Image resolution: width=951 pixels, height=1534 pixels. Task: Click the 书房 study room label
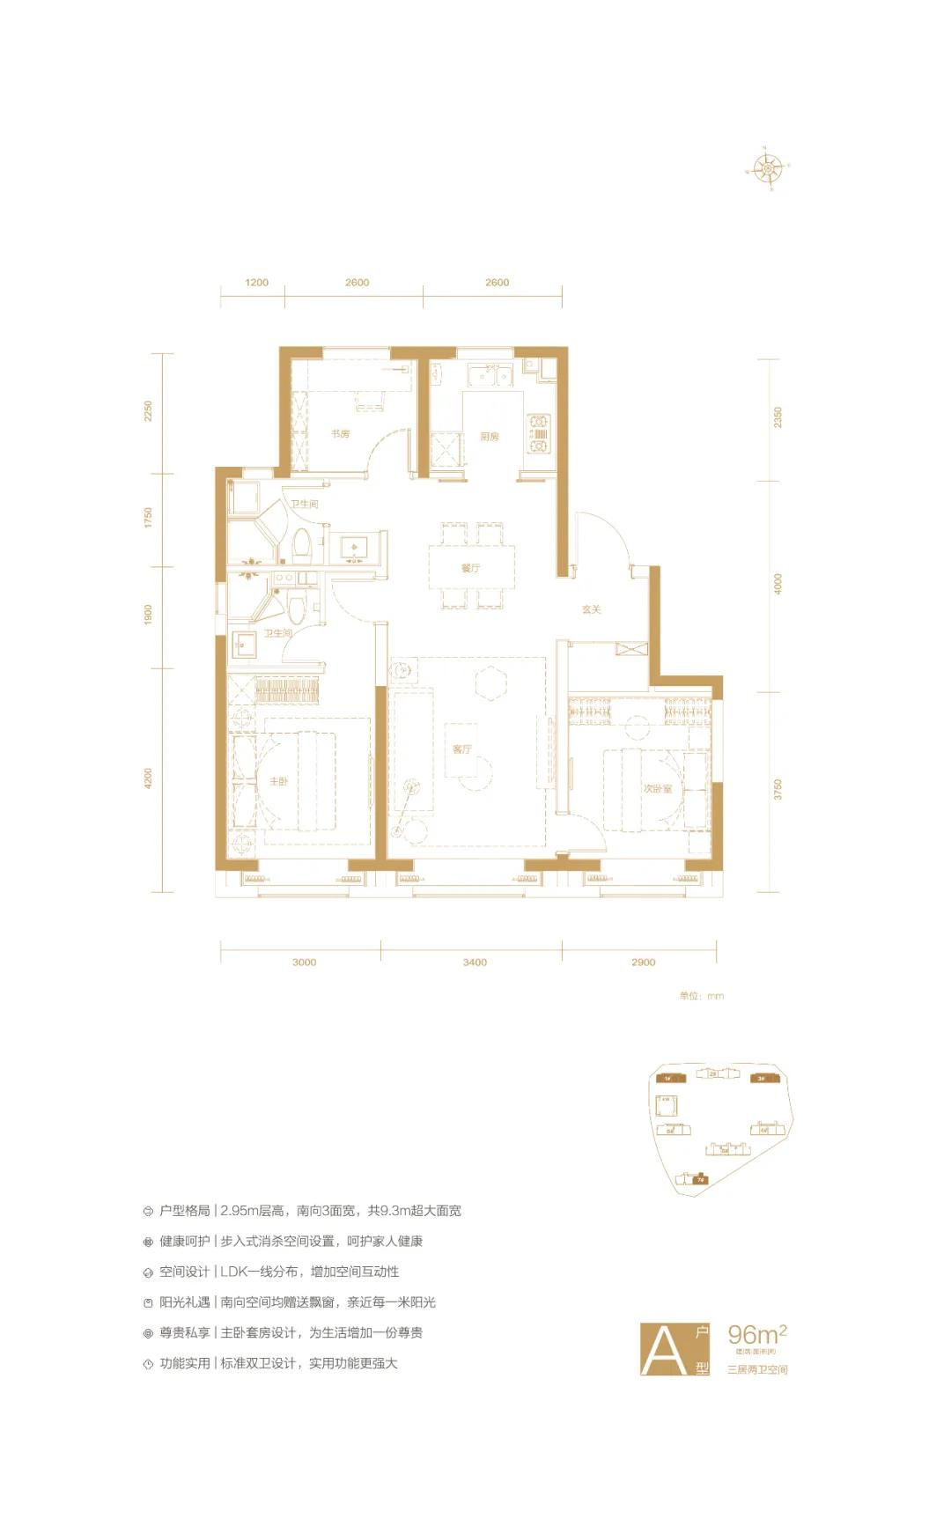(x=340, y=434)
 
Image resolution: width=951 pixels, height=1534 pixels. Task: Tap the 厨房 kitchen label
(x=490, y=437)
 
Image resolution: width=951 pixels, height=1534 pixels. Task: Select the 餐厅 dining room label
(x=470, y=568)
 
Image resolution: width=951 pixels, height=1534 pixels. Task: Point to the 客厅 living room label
(x=462, y=749)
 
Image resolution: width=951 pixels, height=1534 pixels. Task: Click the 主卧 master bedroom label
(x=278, y=781)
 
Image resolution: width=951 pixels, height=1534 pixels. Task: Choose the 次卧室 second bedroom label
(x=657, y=789)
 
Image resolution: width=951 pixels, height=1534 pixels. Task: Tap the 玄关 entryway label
(x=591, y=609)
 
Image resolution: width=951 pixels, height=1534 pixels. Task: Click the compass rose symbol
(x=769, y=167)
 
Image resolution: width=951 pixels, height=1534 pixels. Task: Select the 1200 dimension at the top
(x=256, y=283)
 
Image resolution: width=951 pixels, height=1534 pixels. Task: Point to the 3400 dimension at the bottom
(x=475, y=962)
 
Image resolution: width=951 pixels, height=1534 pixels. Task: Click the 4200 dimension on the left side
(x=148, y=778)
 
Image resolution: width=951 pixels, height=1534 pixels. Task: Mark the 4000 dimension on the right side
(x=778, y=584)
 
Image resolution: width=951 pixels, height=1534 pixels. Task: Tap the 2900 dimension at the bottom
(x=643, y=962)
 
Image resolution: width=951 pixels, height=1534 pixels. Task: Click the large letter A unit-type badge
(x=665, y=1349)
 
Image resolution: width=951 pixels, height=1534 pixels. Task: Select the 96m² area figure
(x=756, y=1334)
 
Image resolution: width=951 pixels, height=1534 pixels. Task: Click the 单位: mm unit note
(x=701, y=996)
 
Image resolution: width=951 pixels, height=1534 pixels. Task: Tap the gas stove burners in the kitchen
(x=538, y=434)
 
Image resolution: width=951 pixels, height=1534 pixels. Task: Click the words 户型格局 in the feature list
(x=184, y=1211)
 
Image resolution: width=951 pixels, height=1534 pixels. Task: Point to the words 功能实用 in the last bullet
(x=184, y=1363)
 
